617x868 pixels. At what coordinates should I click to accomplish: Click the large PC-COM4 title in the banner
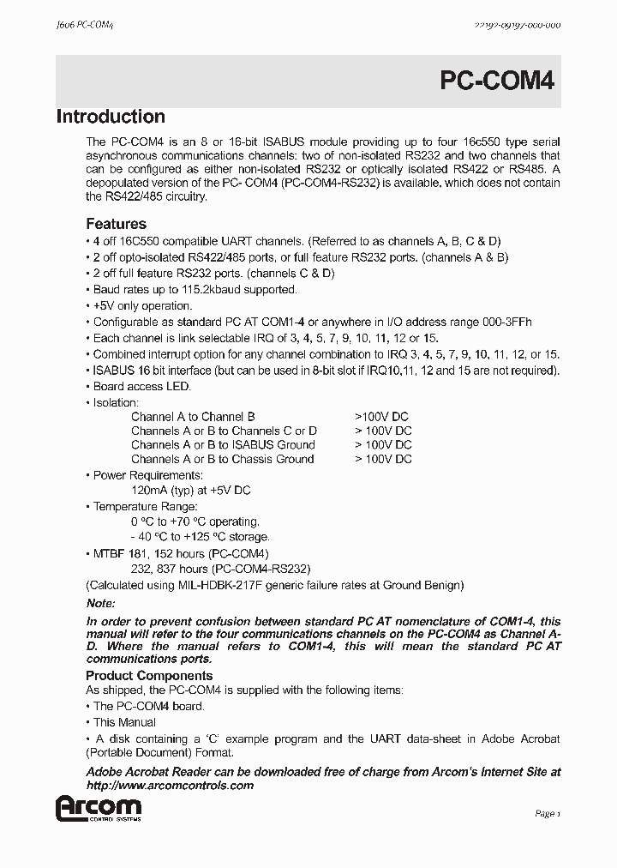[x=498, y=81]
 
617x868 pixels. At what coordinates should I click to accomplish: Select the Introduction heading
[x=111, y=118]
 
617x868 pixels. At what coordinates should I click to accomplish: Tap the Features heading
[x=116, y=225]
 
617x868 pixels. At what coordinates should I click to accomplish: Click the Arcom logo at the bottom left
[x=98, y=809]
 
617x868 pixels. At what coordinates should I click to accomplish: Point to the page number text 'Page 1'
[x=547, y=813]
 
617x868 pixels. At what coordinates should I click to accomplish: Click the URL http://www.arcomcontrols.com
[x=171, y=786]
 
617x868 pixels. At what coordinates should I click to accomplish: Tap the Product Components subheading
[x=149, y=676]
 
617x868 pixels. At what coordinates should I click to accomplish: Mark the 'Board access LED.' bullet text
[x=141, y=387]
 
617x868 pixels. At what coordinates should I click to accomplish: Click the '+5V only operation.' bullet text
[x=142, y=306]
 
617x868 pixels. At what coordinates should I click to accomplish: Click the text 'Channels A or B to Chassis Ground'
[x=223, y=459]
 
